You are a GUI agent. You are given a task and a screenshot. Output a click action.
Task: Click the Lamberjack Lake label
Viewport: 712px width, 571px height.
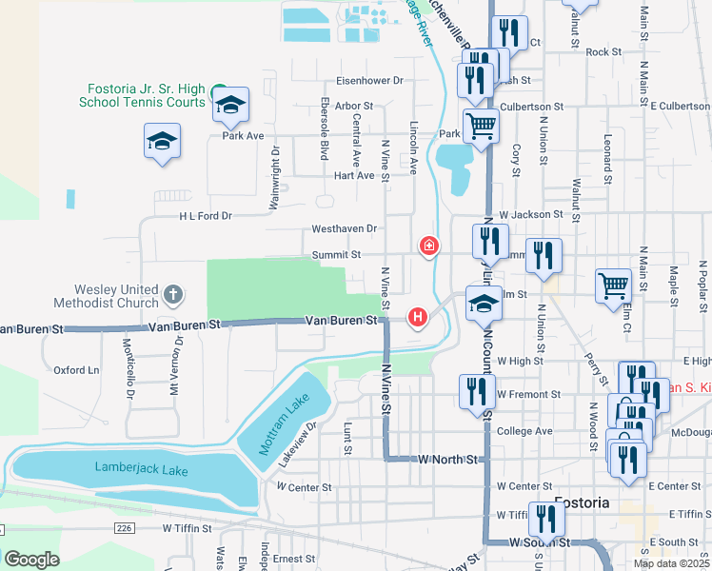pos(141,469)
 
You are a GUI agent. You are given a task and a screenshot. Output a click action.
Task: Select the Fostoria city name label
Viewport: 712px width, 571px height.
pos(582,502)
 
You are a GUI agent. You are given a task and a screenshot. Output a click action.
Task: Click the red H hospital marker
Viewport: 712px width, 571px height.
pos(416,317)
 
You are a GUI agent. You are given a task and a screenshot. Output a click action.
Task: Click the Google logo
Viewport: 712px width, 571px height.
pos(31,559)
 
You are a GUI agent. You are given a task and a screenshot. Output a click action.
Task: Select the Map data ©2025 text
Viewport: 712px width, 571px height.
pos(671,563)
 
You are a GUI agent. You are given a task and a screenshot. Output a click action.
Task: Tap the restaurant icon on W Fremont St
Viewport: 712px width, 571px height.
pos(477,391)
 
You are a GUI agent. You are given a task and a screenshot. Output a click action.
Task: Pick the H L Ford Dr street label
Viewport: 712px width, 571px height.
pos(206,216)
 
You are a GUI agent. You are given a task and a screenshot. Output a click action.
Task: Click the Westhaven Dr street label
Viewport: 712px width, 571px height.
pos(345,229)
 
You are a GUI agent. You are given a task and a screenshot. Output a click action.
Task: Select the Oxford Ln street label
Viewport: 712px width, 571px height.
pos(76,370)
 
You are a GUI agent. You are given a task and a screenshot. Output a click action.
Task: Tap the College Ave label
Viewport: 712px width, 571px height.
pos(525,431)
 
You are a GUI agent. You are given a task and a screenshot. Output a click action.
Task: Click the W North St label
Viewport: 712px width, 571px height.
pos(447,459)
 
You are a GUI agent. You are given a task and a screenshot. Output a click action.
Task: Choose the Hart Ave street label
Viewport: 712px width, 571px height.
pos(353,175)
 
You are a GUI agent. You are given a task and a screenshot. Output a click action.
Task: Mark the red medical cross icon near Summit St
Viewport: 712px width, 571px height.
pos(429,247)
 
